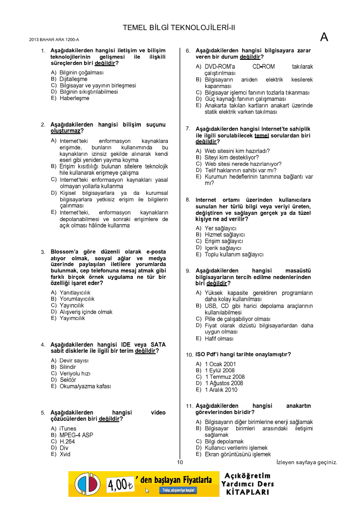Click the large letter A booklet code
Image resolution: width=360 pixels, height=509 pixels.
pyautogui.click(x=324, y=37)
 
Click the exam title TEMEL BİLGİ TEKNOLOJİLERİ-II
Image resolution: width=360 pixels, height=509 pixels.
pyautogui.click(x=179, y=28)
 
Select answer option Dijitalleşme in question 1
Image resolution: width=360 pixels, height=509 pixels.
pyautogui.click(x=73, y=79)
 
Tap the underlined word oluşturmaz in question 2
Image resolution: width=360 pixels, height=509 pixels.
pyautogui.click(x=65, y=131)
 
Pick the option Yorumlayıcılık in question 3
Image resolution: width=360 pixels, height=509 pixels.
pyautogui.click(x=77, y=299)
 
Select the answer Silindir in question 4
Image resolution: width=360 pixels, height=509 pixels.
pyautogui.click(x=68, y=367)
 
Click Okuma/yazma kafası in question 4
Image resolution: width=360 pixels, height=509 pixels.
pyautogui.click(x=85, y=386)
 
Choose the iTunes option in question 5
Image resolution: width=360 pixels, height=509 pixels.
pyautogui.click(x=68, y=428)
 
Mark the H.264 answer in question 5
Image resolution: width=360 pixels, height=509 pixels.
pyautogui.click(x=67, y=441)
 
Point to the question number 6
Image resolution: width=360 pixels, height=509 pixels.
pyautogui.click(x=188, y=51)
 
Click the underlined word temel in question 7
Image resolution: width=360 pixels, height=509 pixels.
pyautogui.click(x=261, y=135)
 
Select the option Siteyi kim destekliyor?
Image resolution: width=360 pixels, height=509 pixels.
pyautogui.click(x=232, y=158)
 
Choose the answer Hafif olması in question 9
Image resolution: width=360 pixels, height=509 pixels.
pyautogui.click(x=219, y=338)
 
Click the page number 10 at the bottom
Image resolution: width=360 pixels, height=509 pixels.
pyautogui.click(x=180, y=462)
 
